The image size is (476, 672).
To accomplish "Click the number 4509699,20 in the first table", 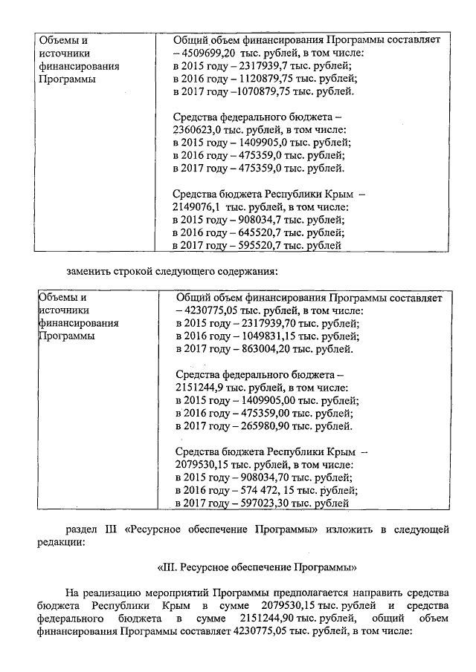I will click(211, 53).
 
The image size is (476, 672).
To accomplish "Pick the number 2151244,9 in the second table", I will click(199, 387).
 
